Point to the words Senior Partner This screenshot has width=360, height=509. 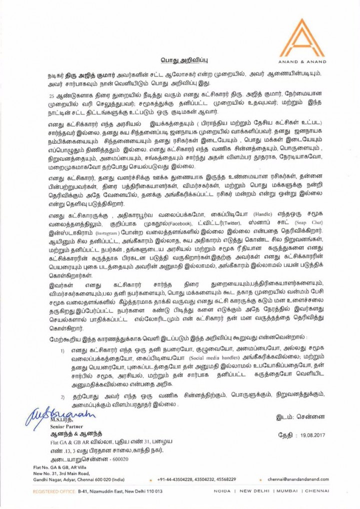pos(58,428)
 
